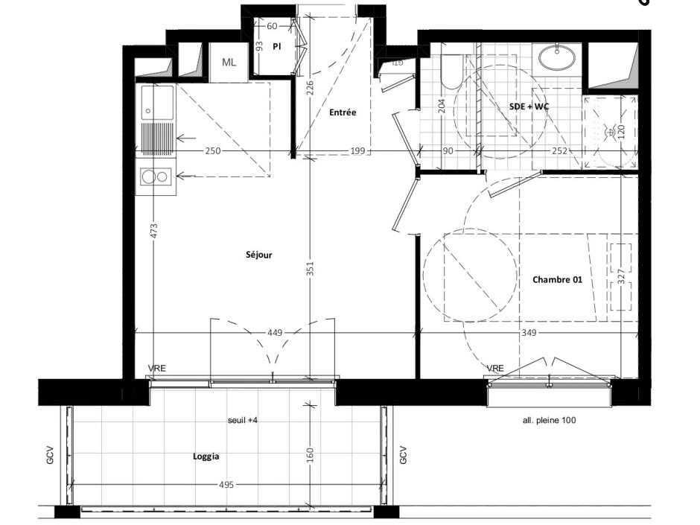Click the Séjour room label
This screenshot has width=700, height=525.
tap(258, 255)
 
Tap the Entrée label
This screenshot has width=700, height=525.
tap(343, 112)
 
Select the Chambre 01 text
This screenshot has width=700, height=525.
tap(557, 280)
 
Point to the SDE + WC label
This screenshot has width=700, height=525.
tap(529, 106)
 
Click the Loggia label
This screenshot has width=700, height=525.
tap(206, 457)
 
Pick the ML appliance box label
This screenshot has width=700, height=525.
tap(229, 62)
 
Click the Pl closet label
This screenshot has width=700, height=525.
tap(276, 45)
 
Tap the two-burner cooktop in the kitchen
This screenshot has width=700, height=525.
tap(156, 176)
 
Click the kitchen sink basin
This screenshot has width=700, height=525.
tap(157, 101)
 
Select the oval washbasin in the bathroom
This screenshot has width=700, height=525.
tap(559, 56)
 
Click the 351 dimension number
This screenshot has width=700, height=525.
tap(310, 269)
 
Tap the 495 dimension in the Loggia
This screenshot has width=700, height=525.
tap(226, 485)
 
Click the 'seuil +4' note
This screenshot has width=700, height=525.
tap(243, 420)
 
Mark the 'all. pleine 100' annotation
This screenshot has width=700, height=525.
tap(549, 420)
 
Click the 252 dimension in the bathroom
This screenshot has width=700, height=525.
tap(560, 151)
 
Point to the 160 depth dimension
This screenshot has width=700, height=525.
tap(310, 454)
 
